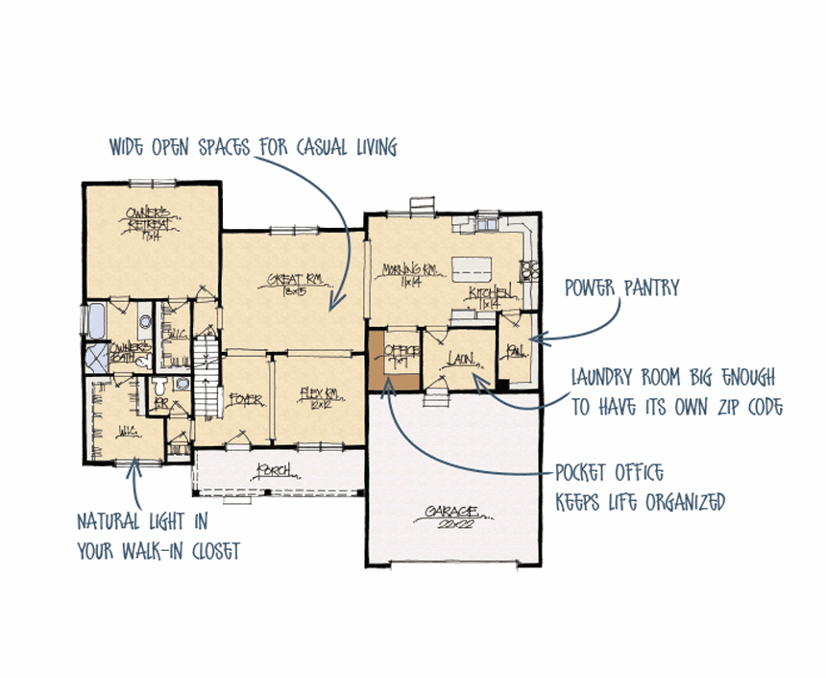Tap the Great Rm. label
click(294, 284)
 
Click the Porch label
click(272, 471)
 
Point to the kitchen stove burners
click(527, 271)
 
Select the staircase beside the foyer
click(206, 362)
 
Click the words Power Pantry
click(621, 287)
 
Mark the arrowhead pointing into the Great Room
click(332, 307)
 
